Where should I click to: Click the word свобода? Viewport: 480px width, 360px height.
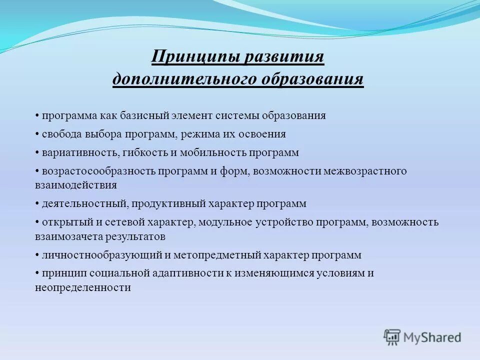59,134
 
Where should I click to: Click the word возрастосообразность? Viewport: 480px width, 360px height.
99,171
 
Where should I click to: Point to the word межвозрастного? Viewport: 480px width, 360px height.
365,171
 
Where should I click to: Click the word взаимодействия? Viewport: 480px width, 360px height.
76,185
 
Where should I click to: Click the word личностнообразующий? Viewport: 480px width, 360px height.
99,255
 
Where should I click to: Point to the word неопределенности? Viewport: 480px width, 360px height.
83,287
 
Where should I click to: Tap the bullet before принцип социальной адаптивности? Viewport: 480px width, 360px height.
37,273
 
